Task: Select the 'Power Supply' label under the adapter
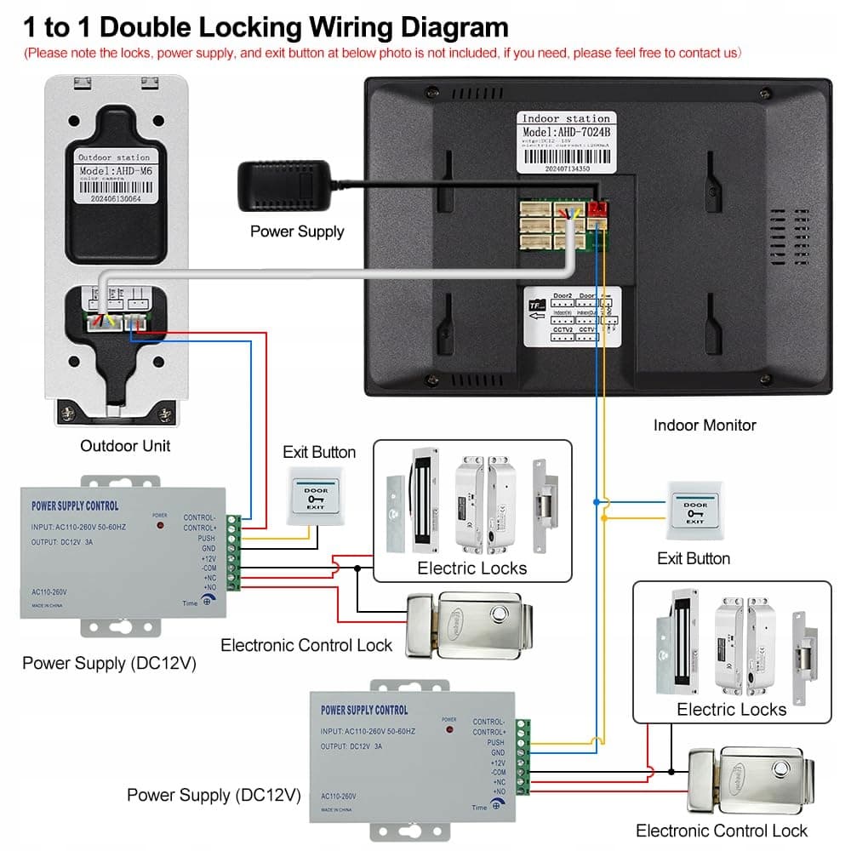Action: tap(297, 231)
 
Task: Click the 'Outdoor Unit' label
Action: tap(125, 445)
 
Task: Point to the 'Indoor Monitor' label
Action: tap(705, 425)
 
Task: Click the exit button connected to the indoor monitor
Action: tap(694, 511)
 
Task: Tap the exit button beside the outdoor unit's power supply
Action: tap(316, 496)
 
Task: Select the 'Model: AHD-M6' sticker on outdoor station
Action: tap(113, 170)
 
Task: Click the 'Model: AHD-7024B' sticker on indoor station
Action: tap(566, 132)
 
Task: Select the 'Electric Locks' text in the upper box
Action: tap(471, 568)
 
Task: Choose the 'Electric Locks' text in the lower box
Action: tap(731, 709)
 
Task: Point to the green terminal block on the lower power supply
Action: tap(523, 762)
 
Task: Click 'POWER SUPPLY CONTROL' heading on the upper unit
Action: tap(75, 506)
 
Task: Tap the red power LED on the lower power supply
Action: tap(449, 731)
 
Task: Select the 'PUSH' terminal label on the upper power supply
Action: tap(206, 539)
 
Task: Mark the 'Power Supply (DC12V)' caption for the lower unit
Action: tap(214, 796)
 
